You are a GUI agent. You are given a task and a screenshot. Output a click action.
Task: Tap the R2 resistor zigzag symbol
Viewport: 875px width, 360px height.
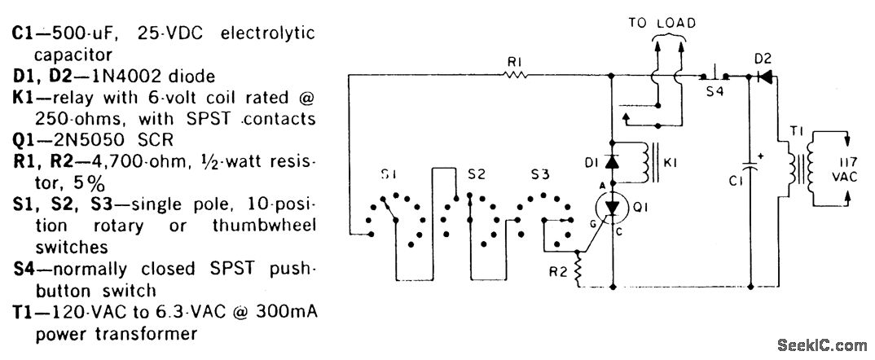point(579,268)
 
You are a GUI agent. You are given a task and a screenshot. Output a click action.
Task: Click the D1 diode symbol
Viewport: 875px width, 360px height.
point(611,161)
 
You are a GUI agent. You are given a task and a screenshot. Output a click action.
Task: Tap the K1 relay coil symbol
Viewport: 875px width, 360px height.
point(649,163)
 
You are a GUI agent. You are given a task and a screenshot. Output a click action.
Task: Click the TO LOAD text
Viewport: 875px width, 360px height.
point(662,24)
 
